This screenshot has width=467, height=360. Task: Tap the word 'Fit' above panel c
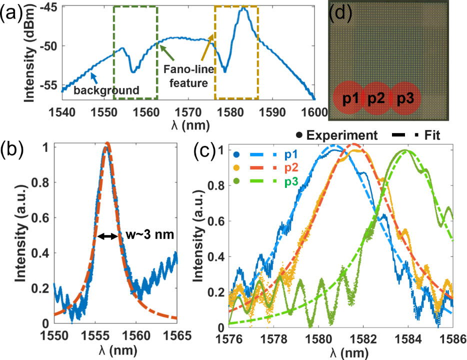[x=430, y=135]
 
